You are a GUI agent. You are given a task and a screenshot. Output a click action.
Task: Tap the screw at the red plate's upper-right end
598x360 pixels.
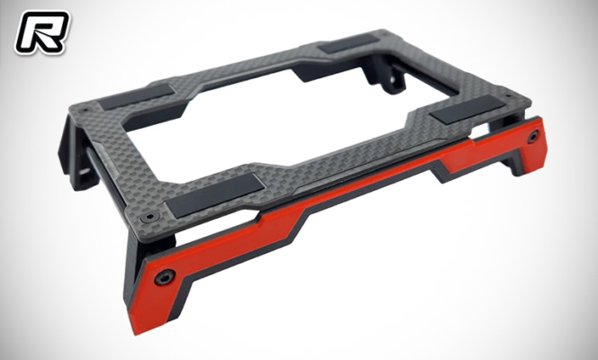pyautogui.click(x=535, y=135)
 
